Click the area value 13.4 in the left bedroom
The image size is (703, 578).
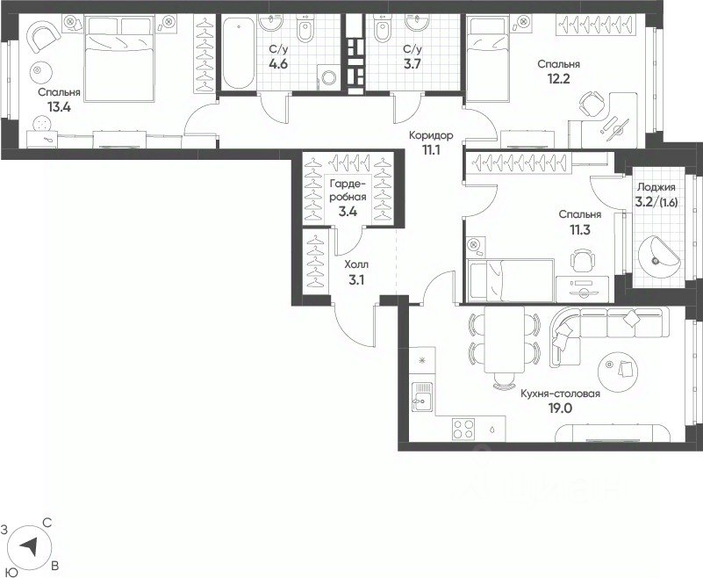[59, 107]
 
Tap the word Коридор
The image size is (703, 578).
[431, 135]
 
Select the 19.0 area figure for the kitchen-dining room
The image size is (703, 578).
[560, 408]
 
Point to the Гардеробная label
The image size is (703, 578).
[348, 191]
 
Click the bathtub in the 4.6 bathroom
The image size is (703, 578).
[238, 53]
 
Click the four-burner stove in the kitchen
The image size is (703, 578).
[463, 428]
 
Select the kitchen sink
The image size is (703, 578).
[422, 397]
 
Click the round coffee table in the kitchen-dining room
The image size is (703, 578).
[618, 371]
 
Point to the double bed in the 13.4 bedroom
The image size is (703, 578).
[119, 58]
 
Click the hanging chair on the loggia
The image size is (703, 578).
[658, 256]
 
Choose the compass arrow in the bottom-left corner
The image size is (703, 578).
[31, 546]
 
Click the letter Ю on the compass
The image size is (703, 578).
[13, 572]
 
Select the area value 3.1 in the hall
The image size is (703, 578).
[356, 280]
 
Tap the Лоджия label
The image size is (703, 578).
[656, 188]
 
